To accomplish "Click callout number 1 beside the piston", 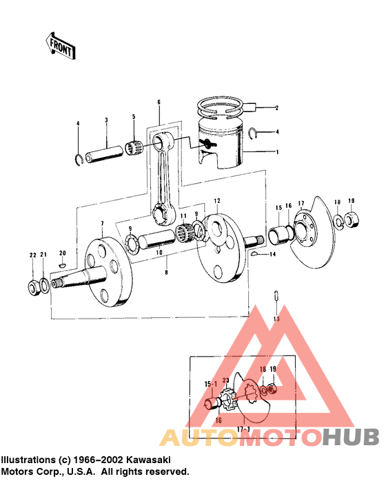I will pos(276,152).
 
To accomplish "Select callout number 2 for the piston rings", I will pos(276,108).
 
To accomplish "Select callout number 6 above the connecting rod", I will pos(158,103).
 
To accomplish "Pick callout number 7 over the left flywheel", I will pos(101,224).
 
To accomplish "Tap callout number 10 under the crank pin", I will pos(159,253).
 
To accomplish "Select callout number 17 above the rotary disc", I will pos(301,204).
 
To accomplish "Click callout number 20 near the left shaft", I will pos(61,253).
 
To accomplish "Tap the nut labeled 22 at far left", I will pos(32,285).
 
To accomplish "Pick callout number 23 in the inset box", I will pos(225,379).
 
